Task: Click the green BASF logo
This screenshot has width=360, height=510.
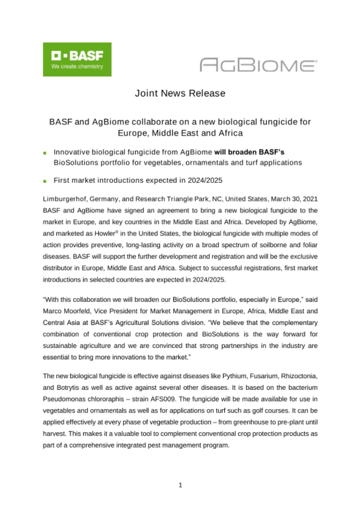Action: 77,59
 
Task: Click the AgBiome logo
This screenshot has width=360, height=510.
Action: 258,65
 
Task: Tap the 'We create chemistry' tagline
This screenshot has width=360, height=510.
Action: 77,67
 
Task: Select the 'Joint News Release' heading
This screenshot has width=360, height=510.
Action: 180,93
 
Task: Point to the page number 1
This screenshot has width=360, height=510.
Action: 180,485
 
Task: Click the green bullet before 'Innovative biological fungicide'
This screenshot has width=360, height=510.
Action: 45,153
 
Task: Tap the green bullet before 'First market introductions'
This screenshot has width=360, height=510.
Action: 45,181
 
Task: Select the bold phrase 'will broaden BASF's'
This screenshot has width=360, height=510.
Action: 249,152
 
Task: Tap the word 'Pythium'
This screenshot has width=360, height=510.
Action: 235,376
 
